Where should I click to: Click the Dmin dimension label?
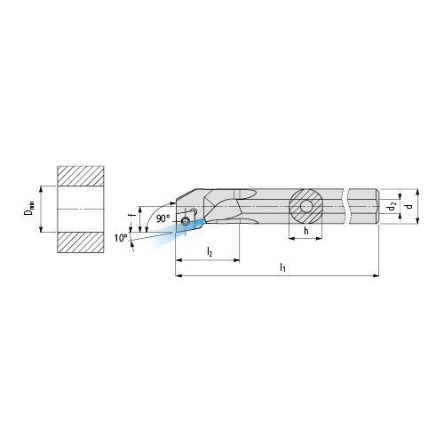pyautogui.click(x=29, y=208)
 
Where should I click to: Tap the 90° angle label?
pyautogui.click(x=163, y=218)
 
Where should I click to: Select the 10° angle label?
pyautogui.click(x=121, y=238)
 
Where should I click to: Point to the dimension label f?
pyautogui.click(x=132, y=211)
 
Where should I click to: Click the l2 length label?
pyautogui.click(x=210, y=252)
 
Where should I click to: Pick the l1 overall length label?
pyautogui.click(x=282, y=268)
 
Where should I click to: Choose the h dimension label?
pyautogui.click(x=306, y=231)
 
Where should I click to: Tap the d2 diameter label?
pyautogui.click(x=392, y=206)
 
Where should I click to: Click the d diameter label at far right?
pyautogui.click(x=409, y=206)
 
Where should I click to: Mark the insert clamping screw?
pyautogui.click(x=186, y=221)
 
